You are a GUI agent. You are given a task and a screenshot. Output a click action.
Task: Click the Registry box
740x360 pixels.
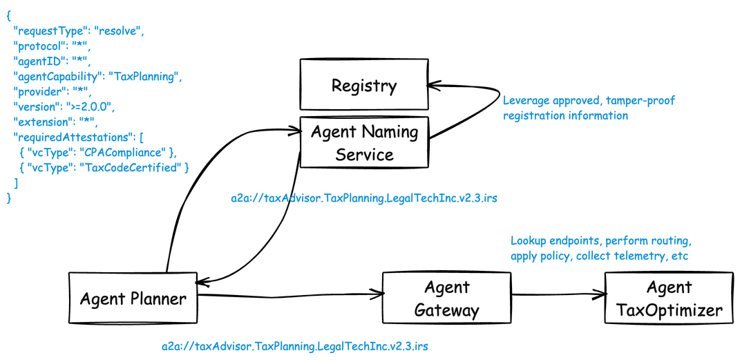[x=364, y=85]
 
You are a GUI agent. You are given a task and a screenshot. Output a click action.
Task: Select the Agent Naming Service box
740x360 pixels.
[x=364, y=142]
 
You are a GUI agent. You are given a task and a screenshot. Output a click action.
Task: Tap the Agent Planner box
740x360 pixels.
[x=133, y=298]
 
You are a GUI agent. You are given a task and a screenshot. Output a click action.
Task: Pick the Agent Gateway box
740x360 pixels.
[x=446, y=298]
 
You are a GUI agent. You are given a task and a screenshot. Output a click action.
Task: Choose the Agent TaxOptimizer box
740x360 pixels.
[x=670, y=298]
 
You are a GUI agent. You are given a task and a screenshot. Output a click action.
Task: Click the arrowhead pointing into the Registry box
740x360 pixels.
[x=433, y=85]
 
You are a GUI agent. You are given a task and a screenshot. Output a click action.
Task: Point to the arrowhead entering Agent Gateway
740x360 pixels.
[x=377, y=294]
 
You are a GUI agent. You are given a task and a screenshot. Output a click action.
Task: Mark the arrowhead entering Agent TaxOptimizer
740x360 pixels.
[x=600, y=294]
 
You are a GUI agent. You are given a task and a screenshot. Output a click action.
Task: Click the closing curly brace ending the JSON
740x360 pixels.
[x=8, y=198]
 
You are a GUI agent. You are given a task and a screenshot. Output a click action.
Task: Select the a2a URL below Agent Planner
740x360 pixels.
[x=296, y=347]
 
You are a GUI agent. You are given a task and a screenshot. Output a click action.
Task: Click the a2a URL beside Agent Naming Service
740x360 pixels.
[x=364, y=198]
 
